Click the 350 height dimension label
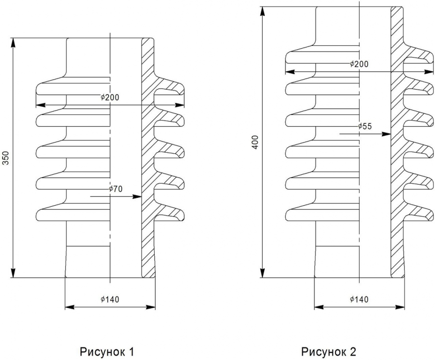click(6, 157)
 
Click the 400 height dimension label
click(255, 142)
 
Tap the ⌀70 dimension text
click(115, 189)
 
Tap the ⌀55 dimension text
click(365, 126)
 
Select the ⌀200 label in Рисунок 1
click(110, 97)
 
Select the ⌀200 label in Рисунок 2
click(359, 64)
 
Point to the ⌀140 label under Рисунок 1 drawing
click(110, 299)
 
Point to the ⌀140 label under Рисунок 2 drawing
click(359, 299)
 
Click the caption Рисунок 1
click(107, 352)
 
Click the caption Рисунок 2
click(329, 352)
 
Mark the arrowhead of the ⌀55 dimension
click(386, 134)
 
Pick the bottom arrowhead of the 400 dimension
click(262, 273)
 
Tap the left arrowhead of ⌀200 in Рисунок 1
click(41, 105)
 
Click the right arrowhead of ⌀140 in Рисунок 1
click(150, 307)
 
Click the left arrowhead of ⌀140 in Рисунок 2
click(319, 307)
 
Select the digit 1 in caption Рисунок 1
click(131, 352)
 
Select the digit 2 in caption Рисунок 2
click(352, 352)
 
